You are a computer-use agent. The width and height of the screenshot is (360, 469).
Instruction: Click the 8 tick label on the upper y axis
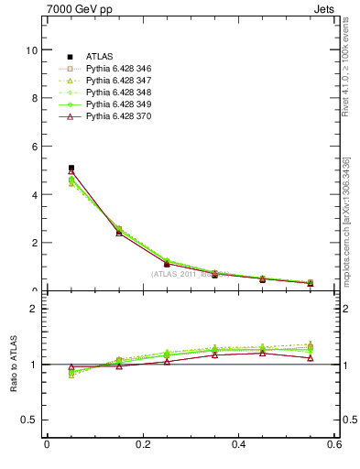[35, 98]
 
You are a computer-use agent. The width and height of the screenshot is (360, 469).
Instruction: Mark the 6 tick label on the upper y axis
[35, 147]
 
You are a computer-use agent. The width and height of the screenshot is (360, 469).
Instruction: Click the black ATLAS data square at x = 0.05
[71, 169]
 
